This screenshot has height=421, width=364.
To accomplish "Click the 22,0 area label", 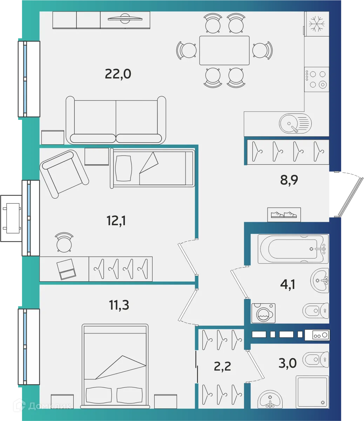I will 118,74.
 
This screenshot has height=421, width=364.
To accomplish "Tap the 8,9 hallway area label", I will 289,181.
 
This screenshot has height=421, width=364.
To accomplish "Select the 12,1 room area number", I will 116,221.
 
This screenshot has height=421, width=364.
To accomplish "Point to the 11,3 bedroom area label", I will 119,305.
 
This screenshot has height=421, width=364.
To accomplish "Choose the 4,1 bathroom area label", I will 288,284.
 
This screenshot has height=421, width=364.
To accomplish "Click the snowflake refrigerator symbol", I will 316,23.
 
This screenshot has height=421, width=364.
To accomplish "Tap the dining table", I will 224,50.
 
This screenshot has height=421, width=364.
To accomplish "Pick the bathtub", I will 293,249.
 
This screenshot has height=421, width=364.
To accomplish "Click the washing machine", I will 263,313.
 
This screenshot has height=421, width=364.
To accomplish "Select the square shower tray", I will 312,392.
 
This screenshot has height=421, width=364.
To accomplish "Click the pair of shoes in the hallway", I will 284,214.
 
